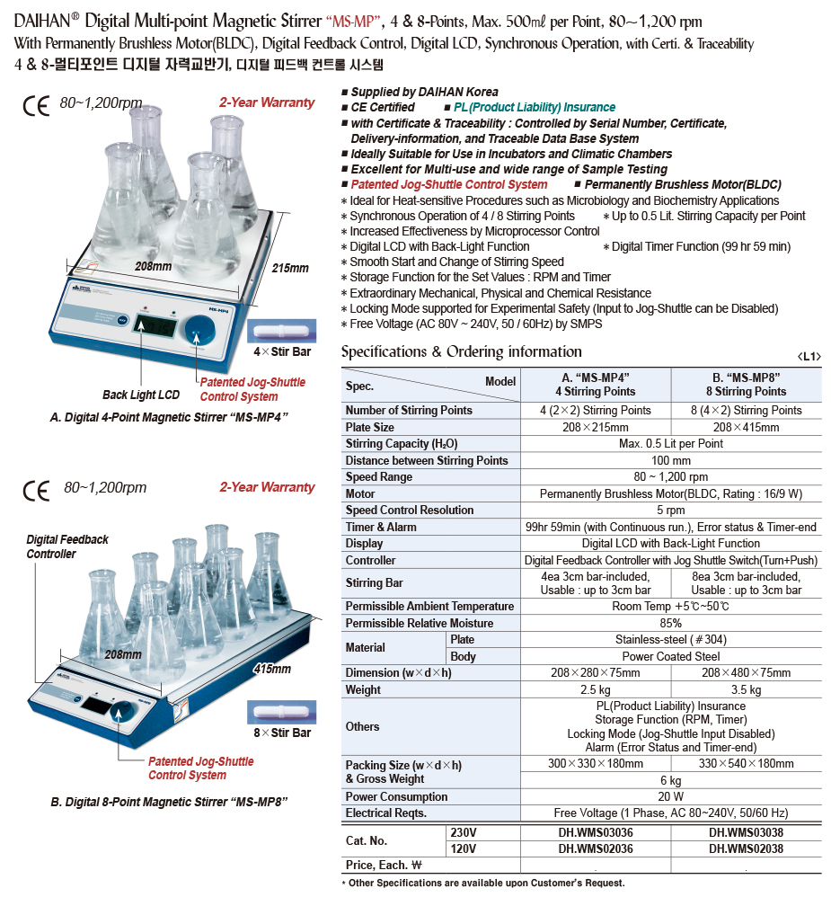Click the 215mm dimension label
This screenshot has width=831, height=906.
[x=289, y=268]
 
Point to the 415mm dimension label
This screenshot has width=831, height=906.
[x=272, y=669]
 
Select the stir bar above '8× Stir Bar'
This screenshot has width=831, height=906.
[x=280, y=711]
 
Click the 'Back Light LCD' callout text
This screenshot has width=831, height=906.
[x=141, y=395]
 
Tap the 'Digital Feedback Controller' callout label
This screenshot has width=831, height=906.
[x=67, y=546]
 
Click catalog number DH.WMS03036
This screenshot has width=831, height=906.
[x=596, y=832]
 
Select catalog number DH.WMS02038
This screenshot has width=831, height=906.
[x=746, y=848]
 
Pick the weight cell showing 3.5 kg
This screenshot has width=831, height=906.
[x=746, y=690]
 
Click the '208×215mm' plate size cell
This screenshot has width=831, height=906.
[x=596, y=427]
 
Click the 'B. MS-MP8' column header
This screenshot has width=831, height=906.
[x=746, y=386]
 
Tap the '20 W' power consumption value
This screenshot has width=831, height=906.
[x=670, y=796]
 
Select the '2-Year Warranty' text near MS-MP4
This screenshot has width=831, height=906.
[x=267, y=102]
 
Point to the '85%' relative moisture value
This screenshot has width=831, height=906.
[x=670, y=623]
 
